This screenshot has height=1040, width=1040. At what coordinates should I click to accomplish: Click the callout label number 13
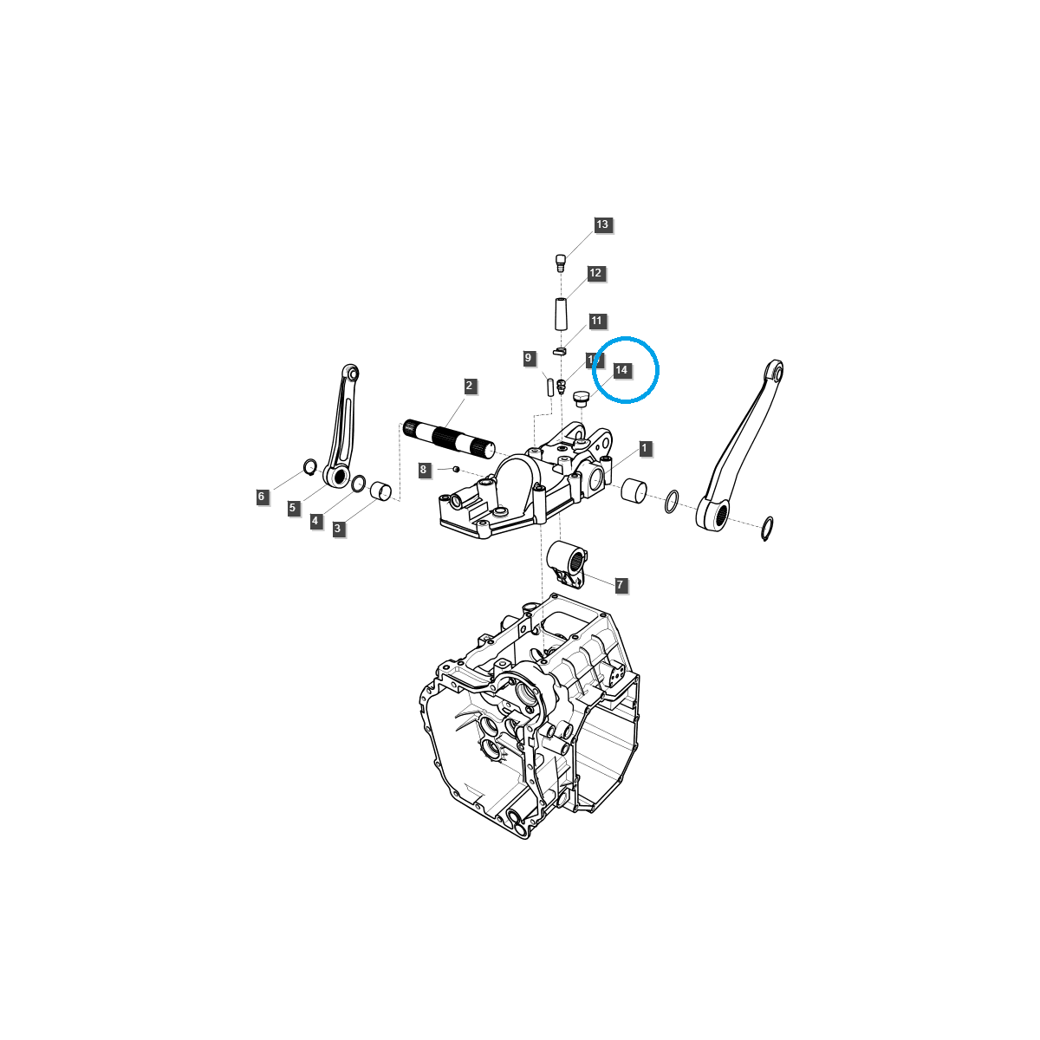point(602,224)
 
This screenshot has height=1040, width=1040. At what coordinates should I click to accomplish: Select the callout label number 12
point(595,273)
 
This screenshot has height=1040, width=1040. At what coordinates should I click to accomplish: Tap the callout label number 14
point(621,370)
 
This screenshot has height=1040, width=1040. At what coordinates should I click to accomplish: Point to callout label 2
point(469,386)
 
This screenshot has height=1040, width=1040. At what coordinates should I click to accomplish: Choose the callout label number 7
point(620,586)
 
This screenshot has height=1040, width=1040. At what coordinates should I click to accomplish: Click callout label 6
point(261,497)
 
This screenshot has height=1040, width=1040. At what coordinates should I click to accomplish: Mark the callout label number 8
point(424,470)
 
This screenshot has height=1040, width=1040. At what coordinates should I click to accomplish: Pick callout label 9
point(527,358)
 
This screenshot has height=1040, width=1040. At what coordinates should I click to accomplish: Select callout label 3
point(338,528)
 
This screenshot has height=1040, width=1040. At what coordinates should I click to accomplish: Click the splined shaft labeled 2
point(449,436)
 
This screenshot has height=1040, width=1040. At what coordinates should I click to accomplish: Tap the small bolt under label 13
point(560,261)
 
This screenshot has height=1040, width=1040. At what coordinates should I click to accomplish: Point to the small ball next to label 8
point(455,469)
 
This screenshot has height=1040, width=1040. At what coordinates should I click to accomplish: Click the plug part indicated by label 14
point(581,399)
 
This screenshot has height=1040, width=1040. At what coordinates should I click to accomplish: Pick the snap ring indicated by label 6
point(309,468)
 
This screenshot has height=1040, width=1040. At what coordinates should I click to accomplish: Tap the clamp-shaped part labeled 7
point(569,561)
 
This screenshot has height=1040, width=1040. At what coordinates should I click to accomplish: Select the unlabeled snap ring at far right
point(766,527)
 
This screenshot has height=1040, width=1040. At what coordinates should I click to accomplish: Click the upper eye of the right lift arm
point(774,373)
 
